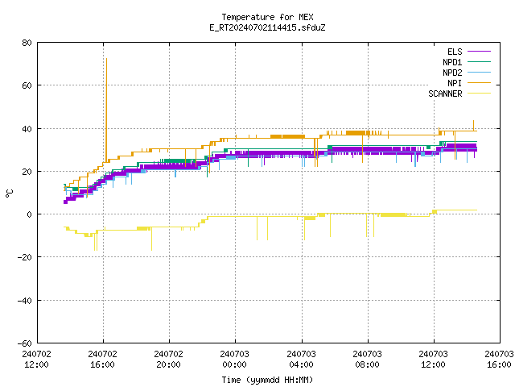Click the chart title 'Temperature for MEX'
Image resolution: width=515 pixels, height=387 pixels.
[x=267, y=17]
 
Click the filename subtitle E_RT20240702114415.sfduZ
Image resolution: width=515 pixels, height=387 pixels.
[x=267, y=27]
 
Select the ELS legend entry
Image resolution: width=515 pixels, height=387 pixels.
[x=469, y=52]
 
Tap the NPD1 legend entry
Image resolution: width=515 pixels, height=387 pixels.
[x=467, y=62]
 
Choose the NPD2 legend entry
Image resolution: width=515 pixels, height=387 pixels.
[x=467, y=73]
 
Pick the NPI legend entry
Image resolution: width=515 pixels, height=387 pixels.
[x=469, y=83]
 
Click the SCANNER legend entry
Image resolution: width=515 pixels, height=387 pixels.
[x=459, y=94]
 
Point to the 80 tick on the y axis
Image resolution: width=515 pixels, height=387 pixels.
[x=27, y=43]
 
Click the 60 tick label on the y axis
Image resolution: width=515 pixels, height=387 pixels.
[x=27, y=85]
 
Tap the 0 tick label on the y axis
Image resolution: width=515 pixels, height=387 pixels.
[x=30, y=214]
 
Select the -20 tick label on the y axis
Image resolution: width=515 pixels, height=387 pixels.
[x=24, y=257]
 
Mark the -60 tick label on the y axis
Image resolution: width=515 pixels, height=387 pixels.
[x=24, y=343]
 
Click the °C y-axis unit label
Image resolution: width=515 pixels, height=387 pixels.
[x=9, y=193]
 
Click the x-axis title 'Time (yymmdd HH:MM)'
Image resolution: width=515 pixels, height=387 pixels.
[x=267, y=380]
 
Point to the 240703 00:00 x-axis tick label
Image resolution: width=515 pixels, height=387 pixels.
[x=234, y=359]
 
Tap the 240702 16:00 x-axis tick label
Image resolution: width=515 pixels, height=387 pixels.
[x=102, y=359]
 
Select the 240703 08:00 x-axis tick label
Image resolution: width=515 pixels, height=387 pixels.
[x=367, y=359]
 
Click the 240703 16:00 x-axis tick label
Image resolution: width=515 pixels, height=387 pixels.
[x=499, y=359]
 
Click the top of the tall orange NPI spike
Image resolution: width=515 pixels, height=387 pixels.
[x=106, y=59]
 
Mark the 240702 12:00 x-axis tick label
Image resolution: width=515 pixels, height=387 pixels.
[x=36, y=359]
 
